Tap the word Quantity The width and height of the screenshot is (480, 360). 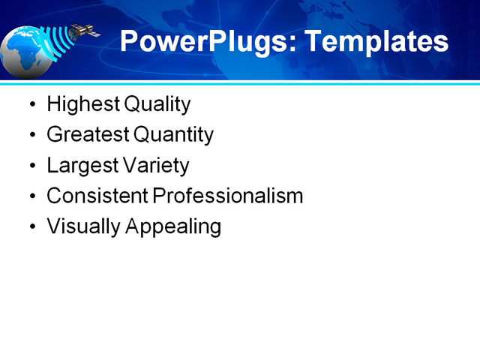(x=173, y=135)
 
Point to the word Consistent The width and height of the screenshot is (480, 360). (x=97, y=196)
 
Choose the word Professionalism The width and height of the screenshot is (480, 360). (x=227, y=196)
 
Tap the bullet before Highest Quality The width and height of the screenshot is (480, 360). (x=31, y=105)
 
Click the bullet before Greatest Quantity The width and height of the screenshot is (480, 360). (x=31, y=136)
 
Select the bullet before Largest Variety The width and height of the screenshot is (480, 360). (x=31, y=166)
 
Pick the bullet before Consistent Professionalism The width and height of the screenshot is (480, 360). (x=31, y=196)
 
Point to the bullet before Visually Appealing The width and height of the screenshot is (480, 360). (x=31, y=227)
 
